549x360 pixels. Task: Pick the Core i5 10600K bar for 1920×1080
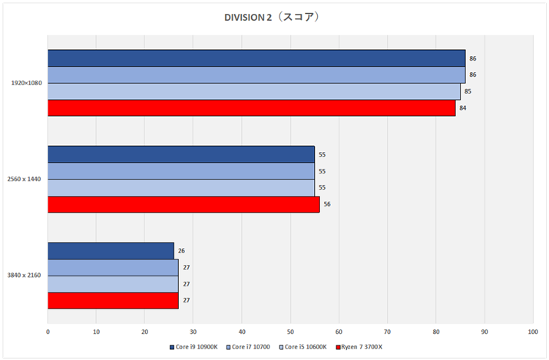[x=253, y=91]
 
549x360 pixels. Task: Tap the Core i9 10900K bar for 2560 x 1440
[x=181, y=154]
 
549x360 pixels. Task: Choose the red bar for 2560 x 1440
[x=184, y=205]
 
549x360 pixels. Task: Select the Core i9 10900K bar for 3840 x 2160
[x=111, y=251]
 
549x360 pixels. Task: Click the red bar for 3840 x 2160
[x=113, y=301]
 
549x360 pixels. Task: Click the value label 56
[x=327, y=205]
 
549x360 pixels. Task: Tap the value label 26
[x=181, y=251]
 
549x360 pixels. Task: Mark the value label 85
[x=468, y=91]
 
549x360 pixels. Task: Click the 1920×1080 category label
[x=26, y=83]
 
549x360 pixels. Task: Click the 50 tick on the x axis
[x=290, y=332]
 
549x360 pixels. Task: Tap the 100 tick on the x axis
[x=533, y=332]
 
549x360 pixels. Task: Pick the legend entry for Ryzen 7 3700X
[x=357, y=347]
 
